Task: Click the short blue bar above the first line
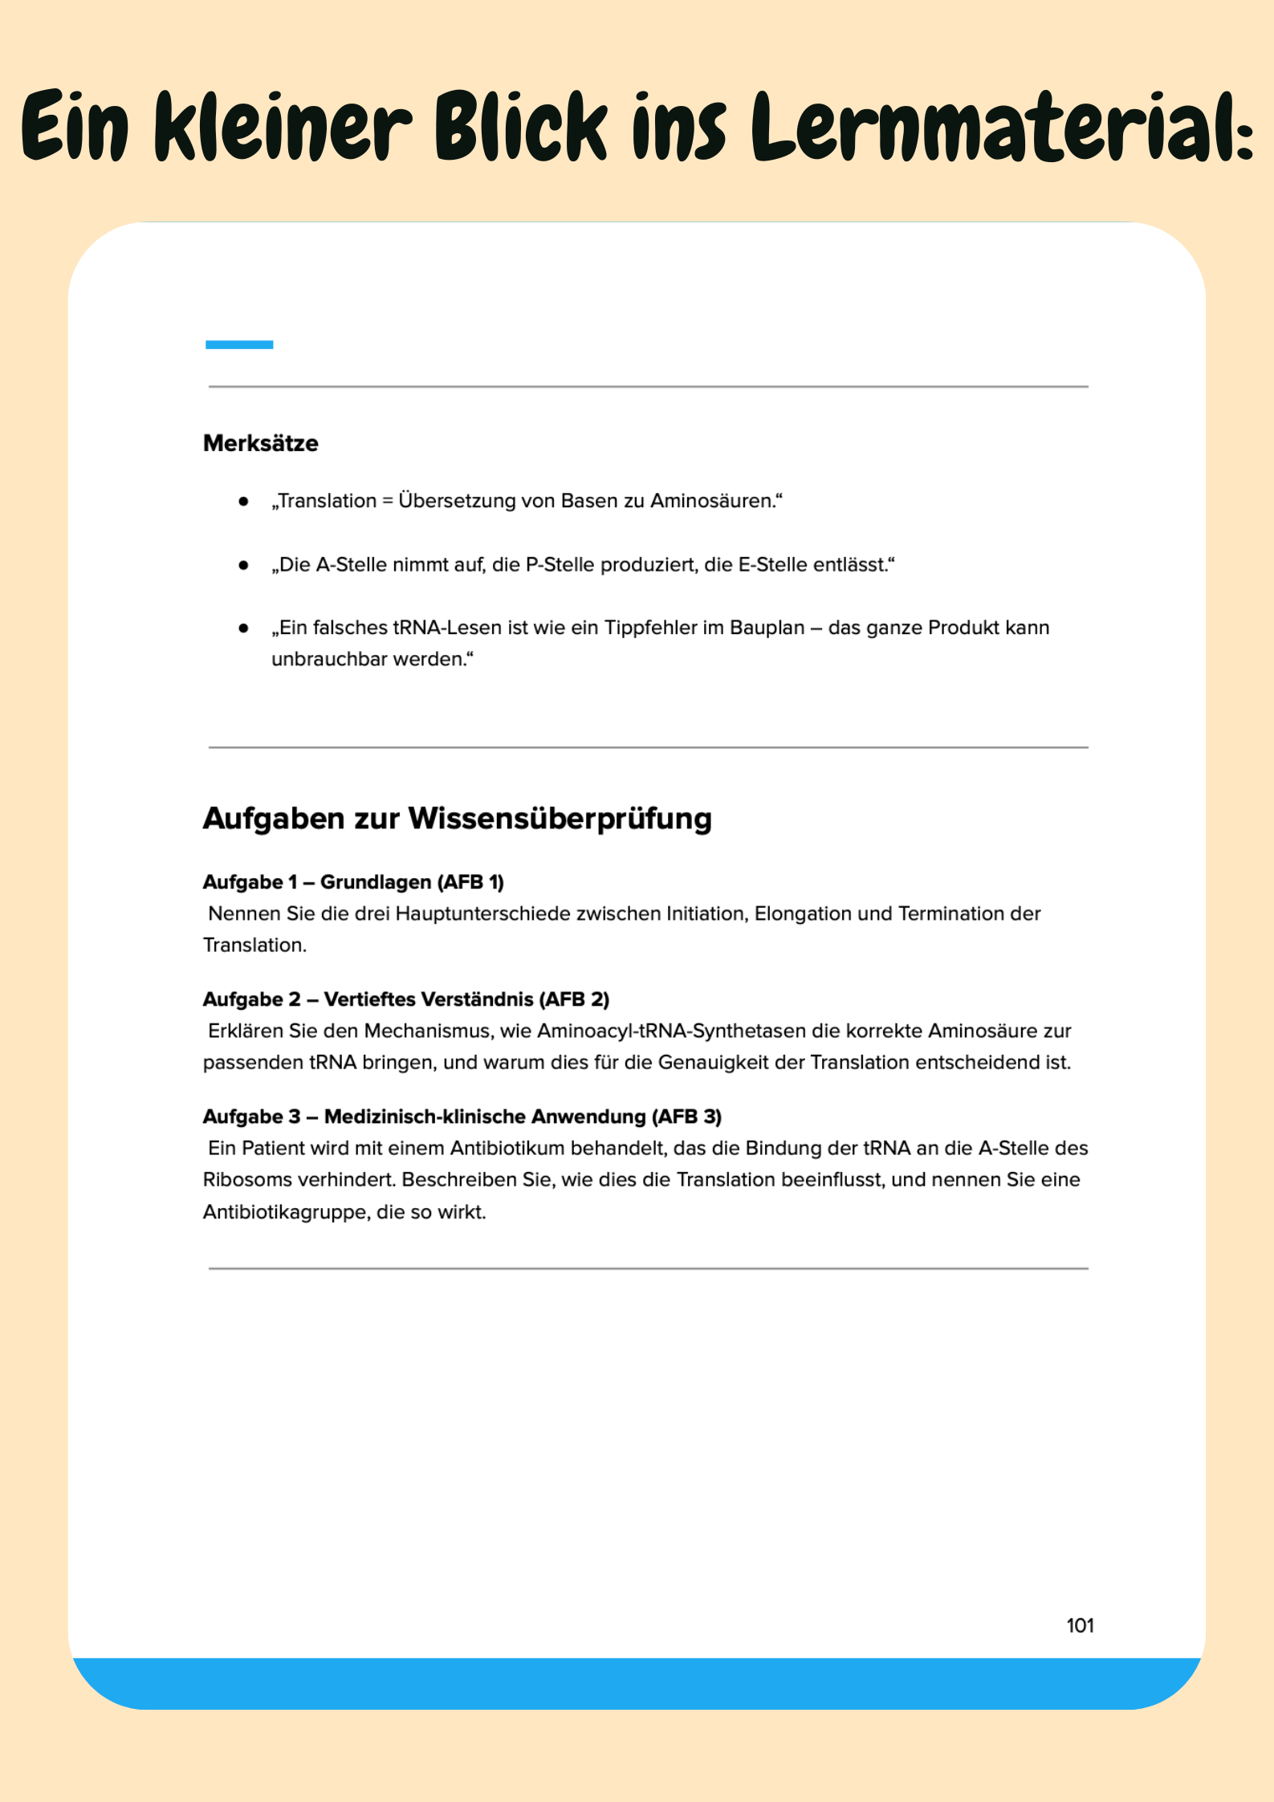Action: [x=239, y=345]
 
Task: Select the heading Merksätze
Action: [x=261, y=443]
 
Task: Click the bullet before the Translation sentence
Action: [x=243, y=502]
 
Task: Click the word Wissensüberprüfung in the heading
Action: [x=560, y=819]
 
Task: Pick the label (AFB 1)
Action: [x=470, y=882]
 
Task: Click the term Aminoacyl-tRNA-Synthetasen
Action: [x=672, y=1031]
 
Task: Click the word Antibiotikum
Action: [x=507, y=1149]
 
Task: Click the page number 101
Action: [x=1080, y=1625]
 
